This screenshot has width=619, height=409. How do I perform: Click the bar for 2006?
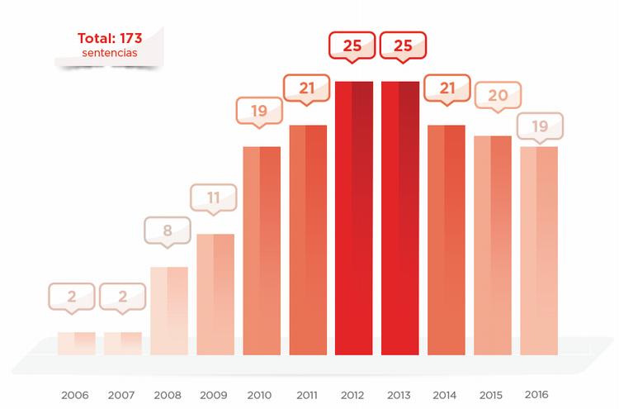[x=77, y=344]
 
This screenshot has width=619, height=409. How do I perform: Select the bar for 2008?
[x=169, y=311]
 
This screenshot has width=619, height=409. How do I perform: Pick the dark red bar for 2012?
[x=354, y=218]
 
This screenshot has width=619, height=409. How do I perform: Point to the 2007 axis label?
[x=122, y=395]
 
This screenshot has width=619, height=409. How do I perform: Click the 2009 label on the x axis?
[x=215, y=395]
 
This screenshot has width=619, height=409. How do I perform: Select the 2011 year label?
[x=307, y=395]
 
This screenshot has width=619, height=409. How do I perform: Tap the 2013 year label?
[x=399, y=395]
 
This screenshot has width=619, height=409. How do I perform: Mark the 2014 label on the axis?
[x=446, y=395]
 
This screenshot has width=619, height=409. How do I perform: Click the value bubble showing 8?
[x=168, y=231]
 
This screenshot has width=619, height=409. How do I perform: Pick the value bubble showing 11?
[x=214, y=197]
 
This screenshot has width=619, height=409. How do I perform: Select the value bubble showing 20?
[x=498, y=95]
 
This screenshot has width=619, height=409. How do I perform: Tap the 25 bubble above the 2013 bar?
[x=403, y=45]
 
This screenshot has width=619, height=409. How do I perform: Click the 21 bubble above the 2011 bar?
[x=307, y=88]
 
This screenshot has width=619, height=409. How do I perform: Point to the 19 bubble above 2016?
[x=540, y=126]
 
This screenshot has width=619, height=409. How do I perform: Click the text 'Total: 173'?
[x=110, y=39]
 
